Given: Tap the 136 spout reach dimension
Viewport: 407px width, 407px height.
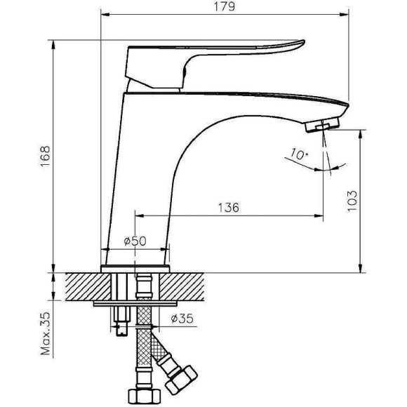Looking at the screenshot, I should (x=228, y=207).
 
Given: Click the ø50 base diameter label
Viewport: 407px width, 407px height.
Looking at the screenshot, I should (x=134, y=241).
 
